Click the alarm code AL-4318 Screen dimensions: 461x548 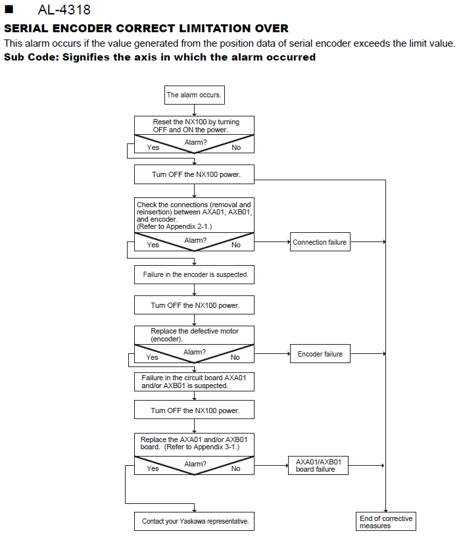point(64,10)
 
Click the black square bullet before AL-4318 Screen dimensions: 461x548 point(9,9)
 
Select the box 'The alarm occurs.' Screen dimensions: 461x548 point(195,95)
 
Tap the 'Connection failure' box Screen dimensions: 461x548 point(320,242)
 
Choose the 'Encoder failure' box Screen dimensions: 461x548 point(320,354)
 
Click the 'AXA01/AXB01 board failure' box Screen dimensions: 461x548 point(318,466)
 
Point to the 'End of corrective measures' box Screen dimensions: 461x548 point(386,522)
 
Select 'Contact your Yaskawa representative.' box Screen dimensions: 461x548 point(194,522)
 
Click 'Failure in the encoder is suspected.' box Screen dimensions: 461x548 point(194,275)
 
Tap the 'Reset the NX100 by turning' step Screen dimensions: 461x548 point(194,126)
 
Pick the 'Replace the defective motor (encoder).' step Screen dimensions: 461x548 point(194,335)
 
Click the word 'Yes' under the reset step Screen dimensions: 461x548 point(153,147)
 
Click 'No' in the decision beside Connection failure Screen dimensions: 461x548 point(236,245)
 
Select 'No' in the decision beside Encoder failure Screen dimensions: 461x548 point(235,357)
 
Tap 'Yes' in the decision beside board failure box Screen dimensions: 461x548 point(153,468)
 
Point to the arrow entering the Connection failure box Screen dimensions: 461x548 point(272,242)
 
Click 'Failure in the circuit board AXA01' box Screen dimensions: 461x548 point(194,382)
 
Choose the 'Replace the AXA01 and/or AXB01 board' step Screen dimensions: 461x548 point(194,445)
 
